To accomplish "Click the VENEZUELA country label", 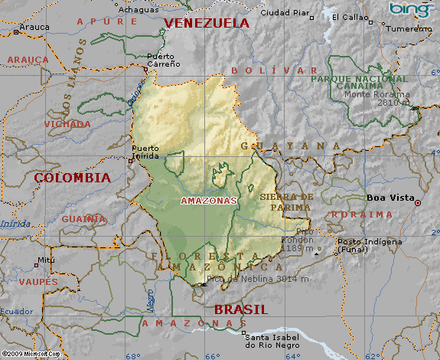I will click(207, 23).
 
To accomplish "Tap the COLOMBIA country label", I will click(73, 177).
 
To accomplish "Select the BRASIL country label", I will click(240, 309).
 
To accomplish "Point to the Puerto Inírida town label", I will click(145, 152).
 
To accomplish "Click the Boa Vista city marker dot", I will click(417, 201).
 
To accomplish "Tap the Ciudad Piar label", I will click(285, 13).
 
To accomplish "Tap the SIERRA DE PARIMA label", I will click(287, 201).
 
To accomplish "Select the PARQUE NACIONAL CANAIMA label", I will click(360, 82).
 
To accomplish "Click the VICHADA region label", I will click(67, 123).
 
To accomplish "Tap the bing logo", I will click(412, 9).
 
